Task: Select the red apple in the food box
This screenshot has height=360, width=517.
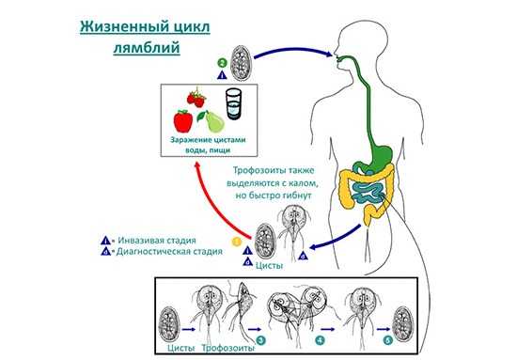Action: pyautogui.click(x=184, y=121)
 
